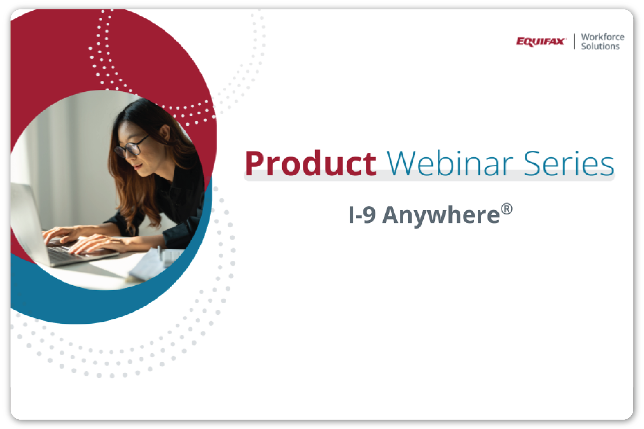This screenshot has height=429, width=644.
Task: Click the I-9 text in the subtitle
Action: pyautogui.click(x=362, y=215)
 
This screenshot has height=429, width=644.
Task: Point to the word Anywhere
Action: pyautogui.click(x=441, y=216)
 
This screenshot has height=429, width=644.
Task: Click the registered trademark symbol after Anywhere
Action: pyautogui.click(x=507, y=209)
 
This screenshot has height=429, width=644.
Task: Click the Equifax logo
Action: pyautogui.click(x=540, y=42)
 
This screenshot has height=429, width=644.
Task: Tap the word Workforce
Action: pyautogui.click(x=602, y=37)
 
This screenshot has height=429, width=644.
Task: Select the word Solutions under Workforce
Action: pyautogui.click(x=600, y=46)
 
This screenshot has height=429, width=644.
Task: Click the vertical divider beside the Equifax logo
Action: pyautogui.click(x=574, y=42)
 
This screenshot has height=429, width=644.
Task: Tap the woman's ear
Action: pyautogui.click(x=165, y=132)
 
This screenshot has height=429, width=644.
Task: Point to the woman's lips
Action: pyautogui.click(x=138, y=166)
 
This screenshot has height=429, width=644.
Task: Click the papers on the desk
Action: pyautogui.click(x=151, y=265)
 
